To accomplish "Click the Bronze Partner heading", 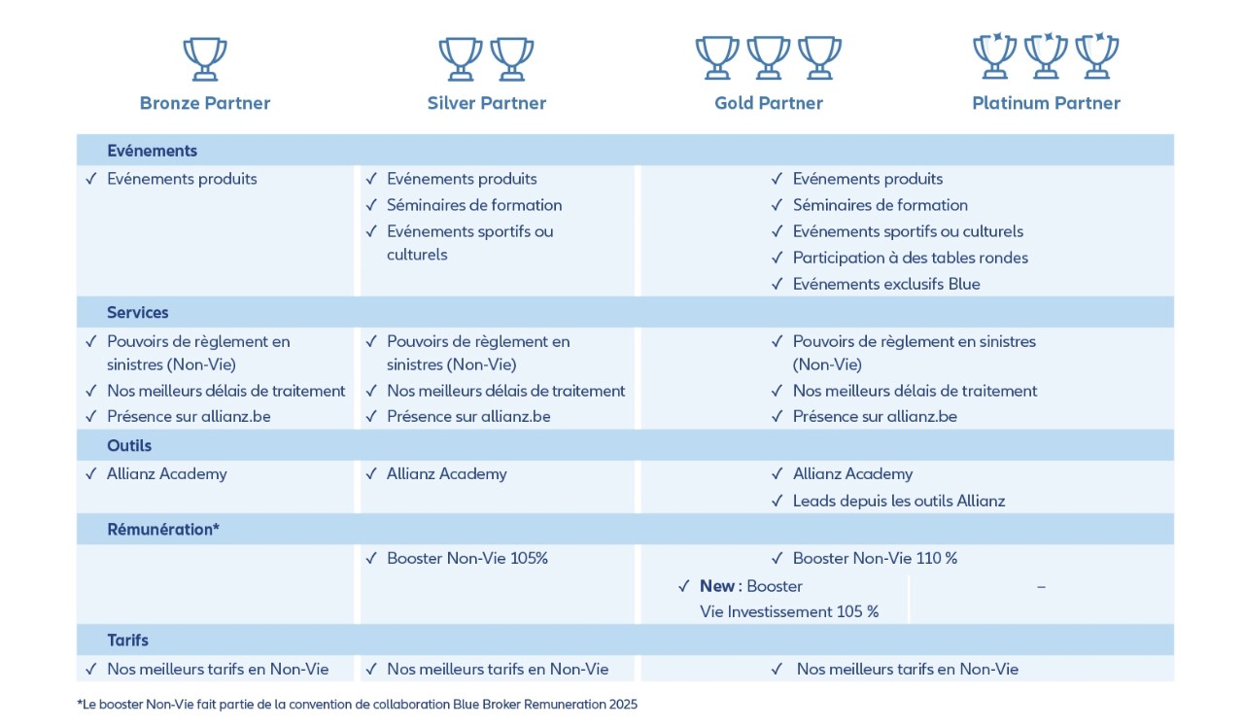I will point(205,103).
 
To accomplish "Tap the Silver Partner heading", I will point(487,103).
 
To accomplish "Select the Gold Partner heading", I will point(769,103).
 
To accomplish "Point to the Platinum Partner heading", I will point(1046,103).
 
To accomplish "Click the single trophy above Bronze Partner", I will point(205,58).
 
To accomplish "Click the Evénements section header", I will point(152,151).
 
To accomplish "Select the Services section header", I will point(138,312).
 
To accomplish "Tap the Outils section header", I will point(129,446).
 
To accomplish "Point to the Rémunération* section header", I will point(163,530).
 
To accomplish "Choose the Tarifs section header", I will point(128,641).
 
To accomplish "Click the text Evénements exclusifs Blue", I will point(886,284).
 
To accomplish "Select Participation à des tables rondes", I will point(910,258).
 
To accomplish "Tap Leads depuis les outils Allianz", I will point(899,501).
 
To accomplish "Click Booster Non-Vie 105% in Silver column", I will point(467,558).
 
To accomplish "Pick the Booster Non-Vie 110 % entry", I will point(876,558).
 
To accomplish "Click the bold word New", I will point(717,586).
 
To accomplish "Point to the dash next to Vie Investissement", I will point(1041,587).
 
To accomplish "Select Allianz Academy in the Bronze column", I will point(167,473).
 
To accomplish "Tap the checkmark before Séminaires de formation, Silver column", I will point(371,205).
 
